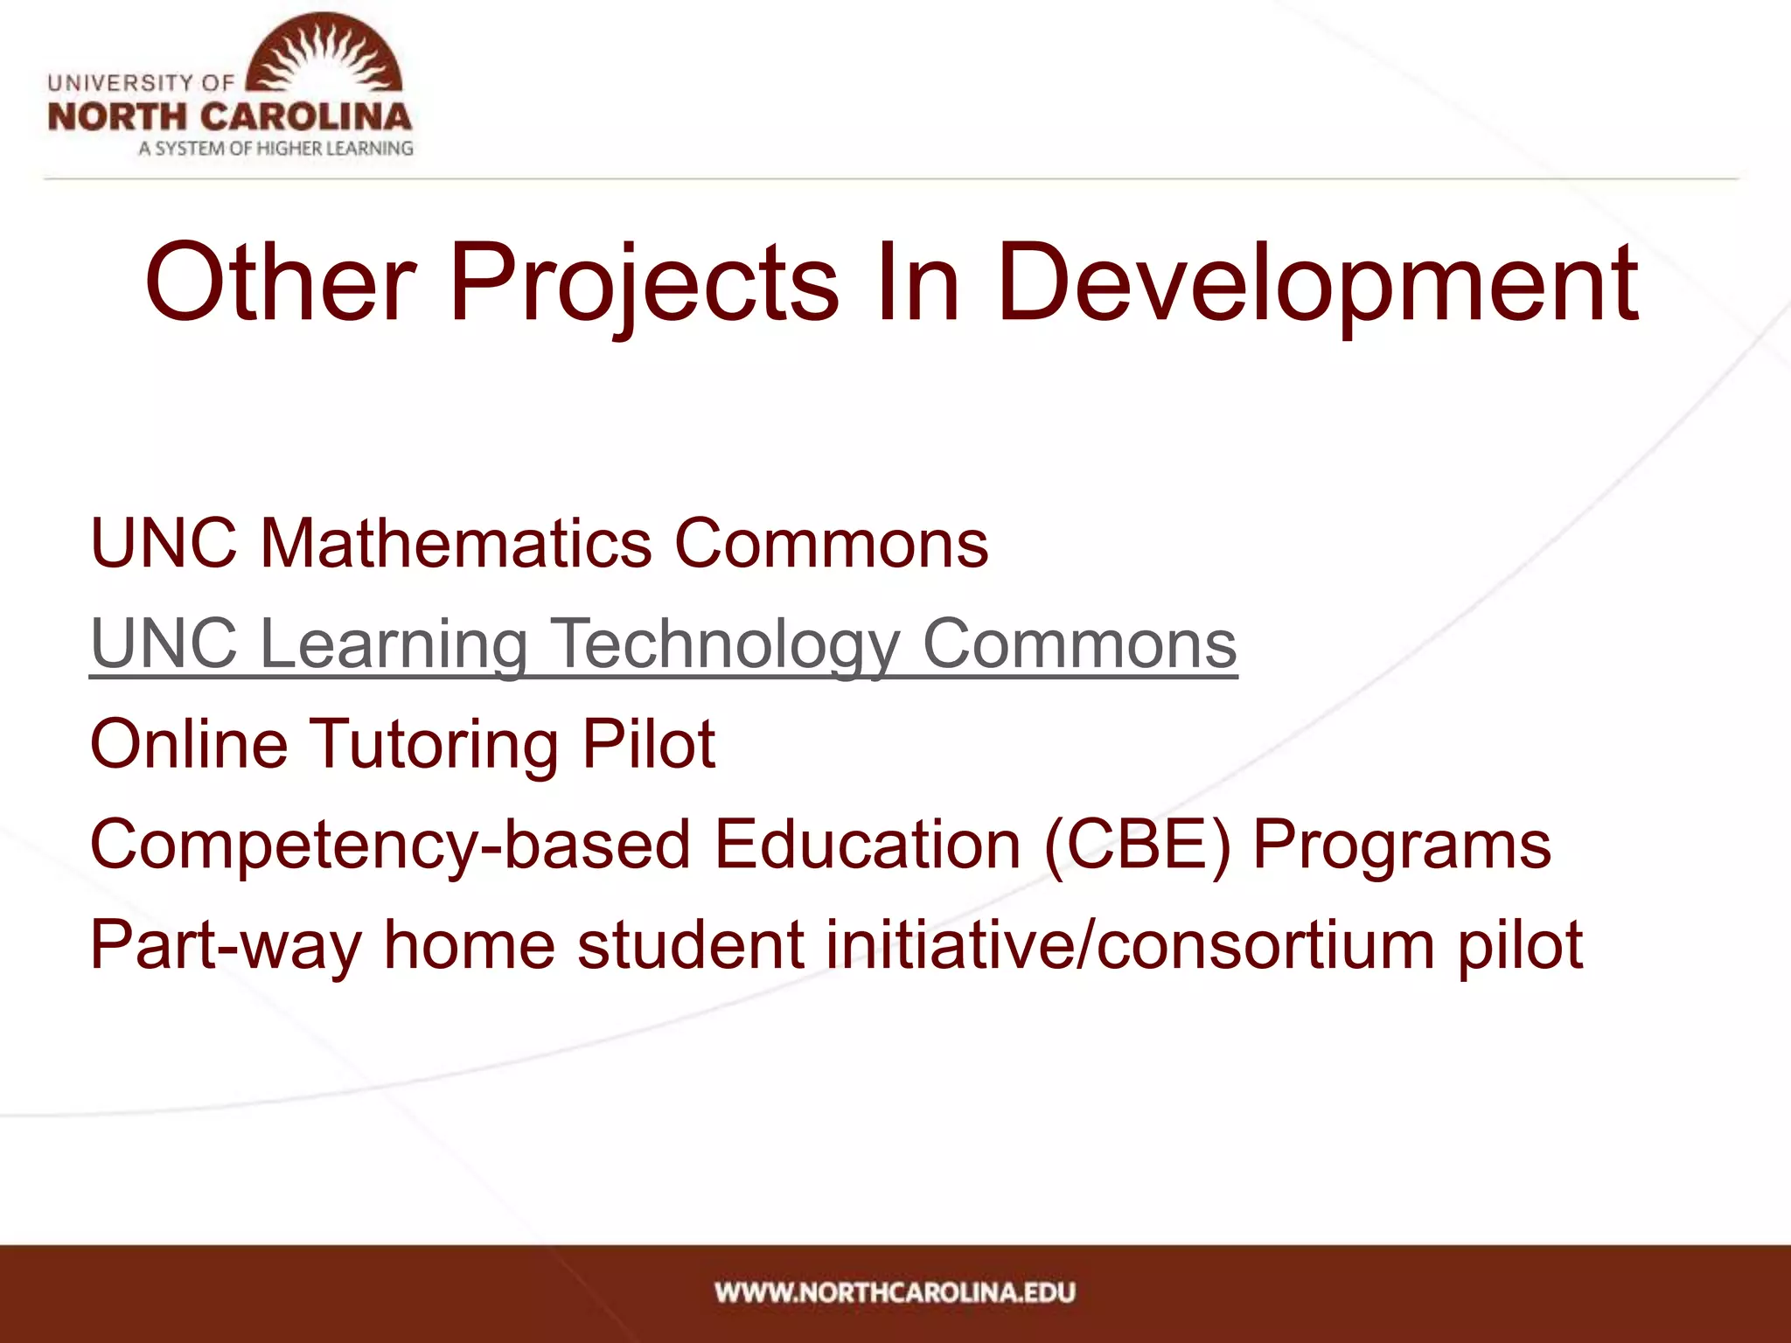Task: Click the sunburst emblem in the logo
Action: pos(324,54)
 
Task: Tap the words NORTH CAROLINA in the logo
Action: pos(229,117)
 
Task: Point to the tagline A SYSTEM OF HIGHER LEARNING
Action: pos(275,149)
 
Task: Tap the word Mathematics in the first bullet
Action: pos(456,543)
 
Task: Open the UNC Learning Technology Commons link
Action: pos(663,644)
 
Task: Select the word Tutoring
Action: pos(435,744)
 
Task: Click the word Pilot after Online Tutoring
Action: pos(648,744)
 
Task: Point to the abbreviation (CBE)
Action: pos(1137,845)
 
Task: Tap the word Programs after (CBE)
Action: pos(1402,845)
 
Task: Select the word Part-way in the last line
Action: pos(225,945)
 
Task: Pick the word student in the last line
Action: pos(690,945)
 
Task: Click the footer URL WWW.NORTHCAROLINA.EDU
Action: pos(895,1292)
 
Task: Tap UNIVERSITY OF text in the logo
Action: pos(141,83)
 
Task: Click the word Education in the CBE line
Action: pos(867,845)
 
